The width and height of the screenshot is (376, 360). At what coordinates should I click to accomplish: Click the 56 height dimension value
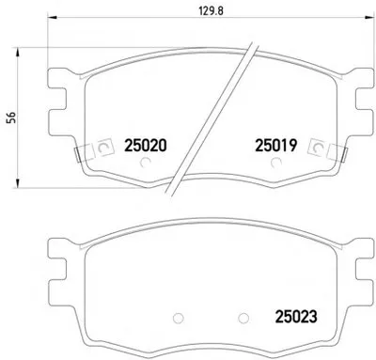(11, 117)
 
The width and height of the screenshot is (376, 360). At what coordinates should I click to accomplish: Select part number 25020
(146, 146)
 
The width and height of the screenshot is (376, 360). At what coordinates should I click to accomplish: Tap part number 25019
(275, 146)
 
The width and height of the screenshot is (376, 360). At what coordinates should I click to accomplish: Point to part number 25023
(296, 317)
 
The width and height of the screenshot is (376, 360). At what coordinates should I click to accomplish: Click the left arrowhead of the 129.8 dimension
(52, 18)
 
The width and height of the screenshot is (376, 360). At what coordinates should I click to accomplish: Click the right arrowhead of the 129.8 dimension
(370, 18)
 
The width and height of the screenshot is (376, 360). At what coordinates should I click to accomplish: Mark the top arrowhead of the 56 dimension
(18, 52)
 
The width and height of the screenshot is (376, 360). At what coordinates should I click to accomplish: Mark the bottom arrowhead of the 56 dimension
(18, 183)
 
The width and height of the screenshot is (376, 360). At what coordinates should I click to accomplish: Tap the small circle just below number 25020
(145, 163)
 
